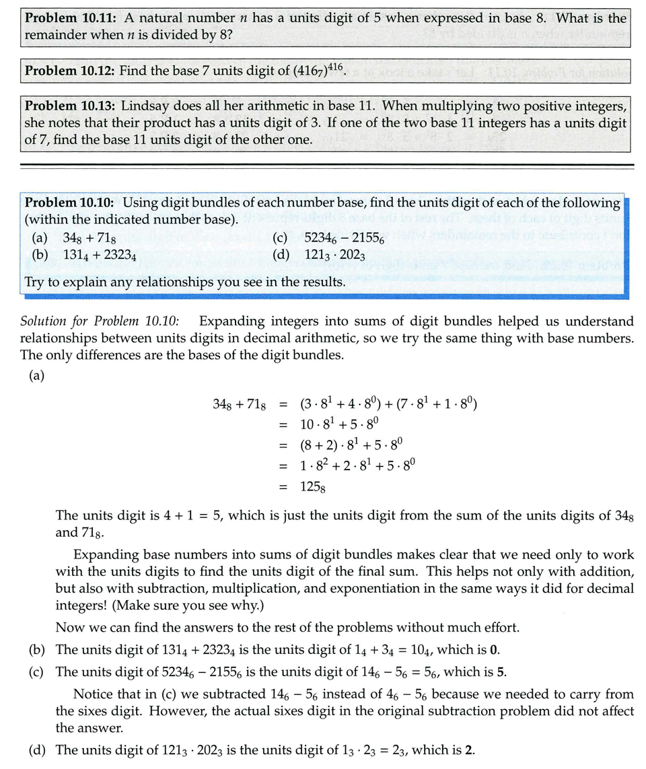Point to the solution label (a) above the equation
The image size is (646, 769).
(x=36, y=375)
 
